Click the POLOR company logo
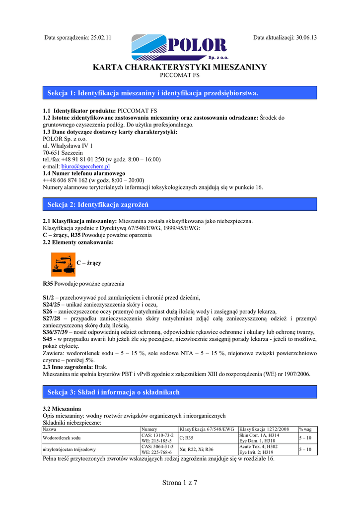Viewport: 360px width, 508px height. pos(179,47)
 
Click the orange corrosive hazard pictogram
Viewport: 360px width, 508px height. pos(63,264)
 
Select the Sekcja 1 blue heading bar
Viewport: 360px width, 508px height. pos(180,93)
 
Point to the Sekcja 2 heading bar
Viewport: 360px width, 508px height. pos(180,204)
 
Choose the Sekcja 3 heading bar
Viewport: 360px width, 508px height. pos(180,392)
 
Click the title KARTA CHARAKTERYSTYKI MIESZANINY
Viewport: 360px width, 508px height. pos(180,67)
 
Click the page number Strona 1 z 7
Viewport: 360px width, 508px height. pos(180,483)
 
